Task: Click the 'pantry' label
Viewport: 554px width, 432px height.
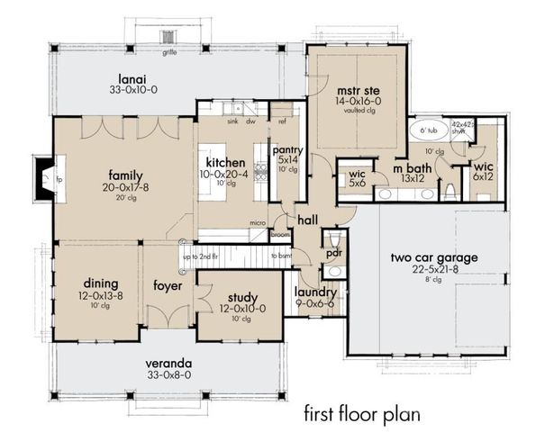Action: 286,150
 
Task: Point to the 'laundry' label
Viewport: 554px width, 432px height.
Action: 315,292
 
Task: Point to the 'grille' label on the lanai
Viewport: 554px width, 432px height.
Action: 168,52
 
